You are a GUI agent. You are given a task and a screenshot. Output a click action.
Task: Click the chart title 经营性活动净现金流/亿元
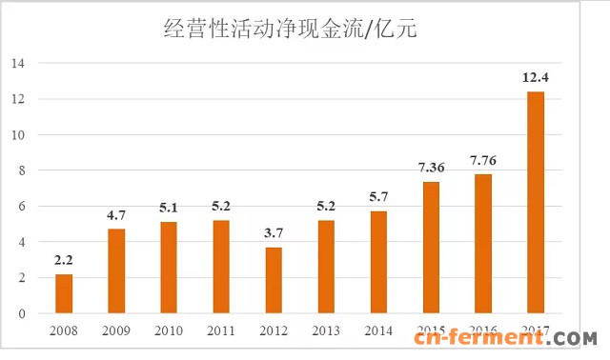290,30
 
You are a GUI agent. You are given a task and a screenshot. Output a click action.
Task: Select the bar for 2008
64,293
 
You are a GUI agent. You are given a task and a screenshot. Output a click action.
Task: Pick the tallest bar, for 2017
537,202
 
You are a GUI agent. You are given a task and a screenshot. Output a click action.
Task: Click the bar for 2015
432,248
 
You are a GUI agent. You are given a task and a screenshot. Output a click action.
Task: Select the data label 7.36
432,168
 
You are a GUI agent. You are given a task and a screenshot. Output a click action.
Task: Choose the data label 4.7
116,215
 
